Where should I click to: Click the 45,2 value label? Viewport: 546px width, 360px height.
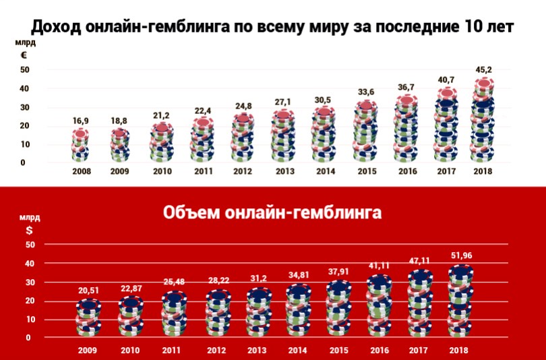[x=483, y=69]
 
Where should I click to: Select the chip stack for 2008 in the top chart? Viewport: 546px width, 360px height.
[x=80, y=144]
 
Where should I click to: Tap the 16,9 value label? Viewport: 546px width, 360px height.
[x=80, y=121]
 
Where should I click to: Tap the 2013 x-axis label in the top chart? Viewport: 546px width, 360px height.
[x=284, y=171]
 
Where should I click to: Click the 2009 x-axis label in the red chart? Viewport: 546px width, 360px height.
[x=88, y=351]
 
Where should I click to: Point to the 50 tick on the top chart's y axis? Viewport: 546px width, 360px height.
[x=25, y=70]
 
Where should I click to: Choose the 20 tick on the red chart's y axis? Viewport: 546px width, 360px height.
[x=28, y=301]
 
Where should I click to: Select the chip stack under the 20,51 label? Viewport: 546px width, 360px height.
[x=88, y=317]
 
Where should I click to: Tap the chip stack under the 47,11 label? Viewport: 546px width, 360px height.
[x=420, y=303]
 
